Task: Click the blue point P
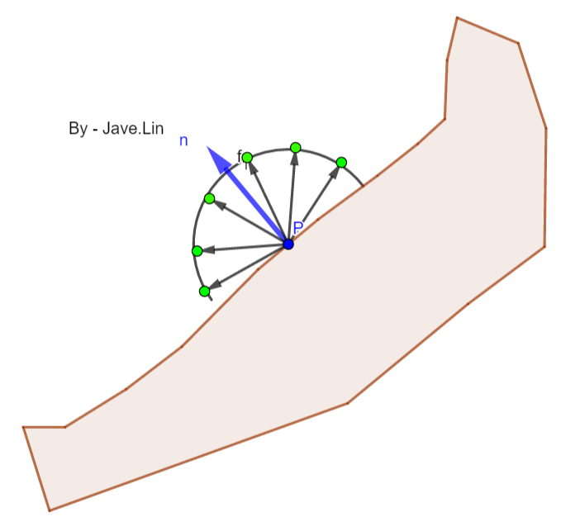[288, 244]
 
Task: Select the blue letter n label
[183, 140]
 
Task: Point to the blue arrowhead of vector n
[217, 158]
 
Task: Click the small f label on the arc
[240, 155]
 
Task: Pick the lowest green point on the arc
[204, 291]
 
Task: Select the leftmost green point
[197, 250]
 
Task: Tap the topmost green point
[296, 148]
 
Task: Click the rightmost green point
[341, 162]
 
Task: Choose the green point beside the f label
[247, 157]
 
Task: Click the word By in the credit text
[78, 129]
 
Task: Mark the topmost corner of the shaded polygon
[456, 17]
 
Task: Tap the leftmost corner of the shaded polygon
[23, 427]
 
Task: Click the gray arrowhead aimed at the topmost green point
[295, 158]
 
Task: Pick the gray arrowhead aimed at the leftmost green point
[207, 249]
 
